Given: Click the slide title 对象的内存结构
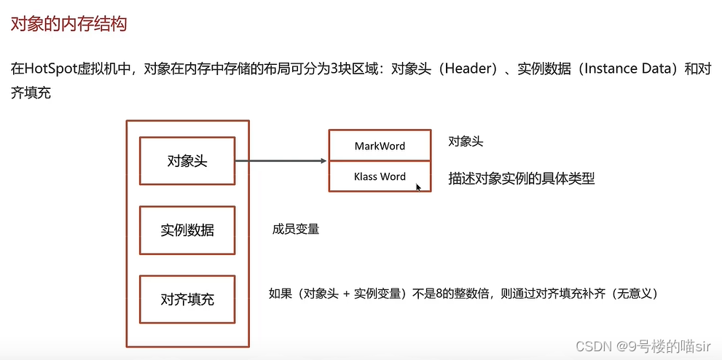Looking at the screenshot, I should click(68, 24).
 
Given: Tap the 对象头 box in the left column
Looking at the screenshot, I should click(187, 161).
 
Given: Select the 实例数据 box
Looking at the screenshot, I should click(187, 230).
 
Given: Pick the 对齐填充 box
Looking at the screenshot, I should click(187, 299).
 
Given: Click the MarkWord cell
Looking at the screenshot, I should click(380, 146).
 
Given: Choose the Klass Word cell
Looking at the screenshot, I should click(380, 176).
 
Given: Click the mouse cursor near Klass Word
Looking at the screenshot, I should click(418, 187).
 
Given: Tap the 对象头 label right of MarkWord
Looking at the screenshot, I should click(466, 141).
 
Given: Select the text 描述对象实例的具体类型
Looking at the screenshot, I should click(522, 179).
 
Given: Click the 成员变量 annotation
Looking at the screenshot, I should click(296, 230).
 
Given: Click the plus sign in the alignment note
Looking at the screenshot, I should click(346, 294).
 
